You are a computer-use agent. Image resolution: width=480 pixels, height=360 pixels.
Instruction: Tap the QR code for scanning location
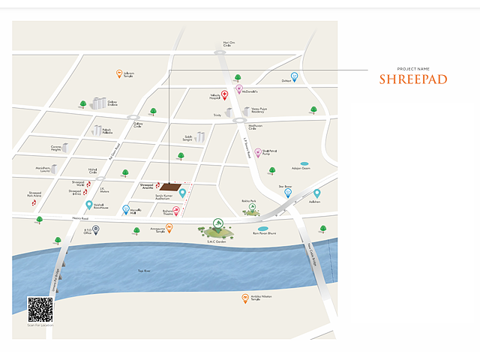[x=40, y=309]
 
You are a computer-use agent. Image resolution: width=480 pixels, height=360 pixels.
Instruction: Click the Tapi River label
[x=144, y=271]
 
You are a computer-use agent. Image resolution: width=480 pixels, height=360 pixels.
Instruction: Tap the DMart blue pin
[x=295, y=77]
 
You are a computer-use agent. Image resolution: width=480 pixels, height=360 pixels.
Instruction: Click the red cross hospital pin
[x=224, y=95]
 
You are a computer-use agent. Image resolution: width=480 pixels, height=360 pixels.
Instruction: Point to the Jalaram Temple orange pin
[x=119, y=73]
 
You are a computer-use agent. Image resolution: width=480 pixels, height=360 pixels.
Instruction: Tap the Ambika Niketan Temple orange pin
[x=245, y=298]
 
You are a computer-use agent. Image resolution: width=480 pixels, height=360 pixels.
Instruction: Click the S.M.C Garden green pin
[x=217, y=223]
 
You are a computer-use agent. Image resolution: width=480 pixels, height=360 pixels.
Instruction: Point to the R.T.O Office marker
[x=96, y=229]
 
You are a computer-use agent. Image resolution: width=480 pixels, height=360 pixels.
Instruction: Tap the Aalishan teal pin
[x=317, y=193]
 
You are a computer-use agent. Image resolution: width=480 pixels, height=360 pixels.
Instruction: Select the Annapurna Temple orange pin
[x=169, y=228]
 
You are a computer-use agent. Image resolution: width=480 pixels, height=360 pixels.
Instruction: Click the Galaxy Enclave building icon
[x=97, y=103]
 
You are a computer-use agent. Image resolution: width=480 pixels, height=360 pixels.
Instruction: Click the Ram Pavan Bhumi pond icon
[x=262, y=228]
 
